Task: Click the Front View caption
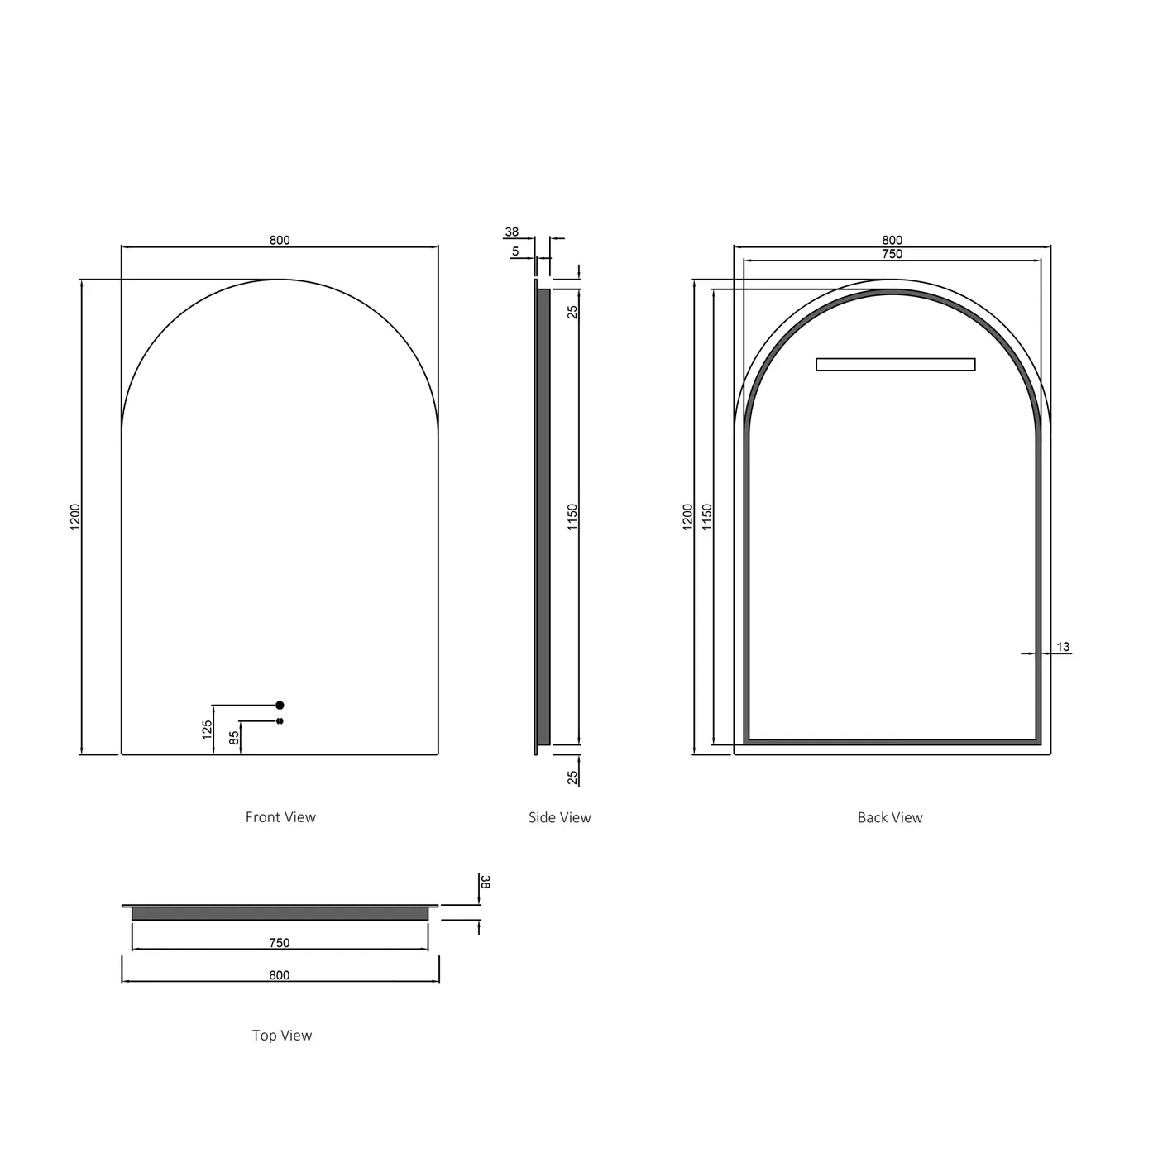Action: pos(280,817)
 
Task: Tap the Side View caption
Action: pos(559,817)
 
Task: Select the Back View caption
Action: pos(889,817)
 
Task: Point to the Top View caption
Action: pos(281,1035)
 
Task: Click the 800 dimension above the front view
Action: pos(280,240)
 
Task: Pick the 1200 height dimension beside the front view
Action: pos(75,517)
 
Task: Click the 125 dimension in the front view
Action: pos(208,729)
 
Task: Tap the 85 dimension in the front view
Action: pos(234,736)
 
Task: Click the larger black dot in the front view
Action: pos(280,705)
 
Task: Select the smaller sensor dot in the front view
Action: pos(280,721)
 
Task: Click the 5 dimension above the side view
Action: pos(515,251)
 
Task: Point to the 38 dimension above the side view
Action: pos(512,232)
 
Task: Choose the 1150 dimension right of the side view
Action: pos(572,517)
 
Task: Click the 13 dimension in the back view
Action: pos(1063,647)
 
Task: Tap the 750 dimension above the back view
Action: pos(892,254)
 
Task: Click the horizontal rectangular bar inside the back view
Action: pos(895,364)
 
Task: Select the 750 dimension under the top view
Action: pos(280,942)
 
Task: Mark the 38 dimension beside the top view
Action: pos(486,883)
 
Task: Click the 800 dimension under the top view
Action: pos(280,975)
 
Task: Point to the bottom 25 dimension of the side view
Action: pos(572,778)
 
